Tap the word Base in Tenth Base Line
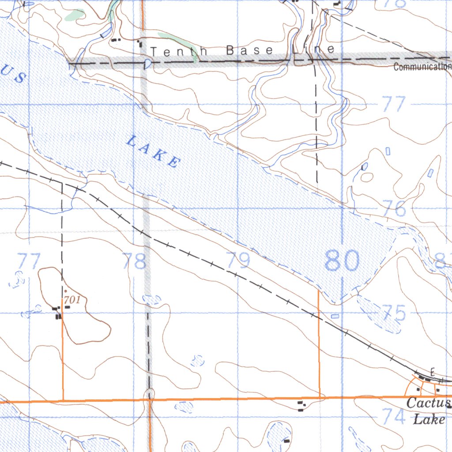pyautogui.click(x=249, y=50)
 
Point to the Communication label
pyautogui.click(x=422, y=67)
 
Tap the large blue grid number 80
pyautogui.click(x=342, y=261)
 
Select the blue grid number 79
pyautogui.click(x=238, y=260)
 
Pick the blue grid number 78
pyautogui.click(x=135, y=261)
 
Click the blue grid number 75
pyautogui.click(x=394, y=313)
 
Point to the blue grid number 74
pyautogui.click(x=394, y=416)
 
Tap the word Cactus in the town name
pyautogui.click(x=428, y=403)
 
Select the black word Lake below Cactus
pyautogui.click(x=429, y=419)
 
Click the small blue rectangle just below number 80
pyautogui.click(x=335, y=316)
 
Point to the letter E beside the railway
pyautogui.click(x=433, y=370)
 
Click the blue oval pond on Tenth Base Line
pyautogui.click(x=147, y=64)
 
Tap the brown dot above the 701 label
pyautogui.click(x=65, y=291)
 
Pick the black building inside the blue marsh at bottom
pyautogui.click(x=287, y=440)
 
